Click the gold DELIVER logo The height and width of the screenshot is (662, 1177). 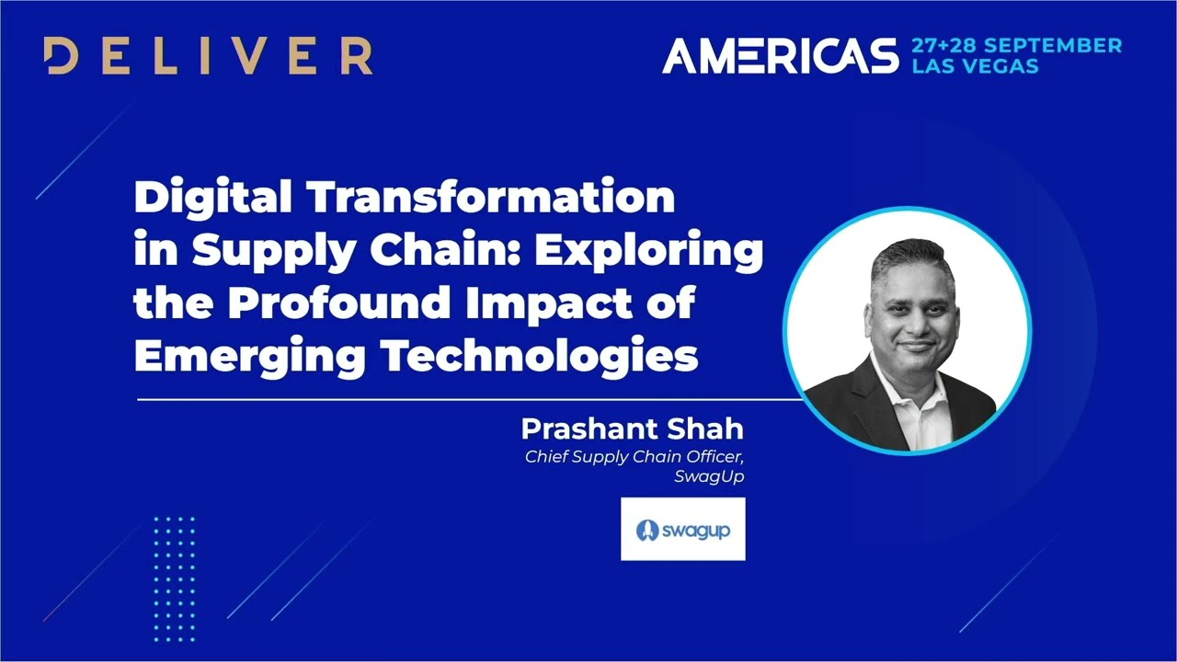pos(208,57)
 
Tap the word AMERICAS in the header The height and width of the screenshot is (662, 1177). pos(780,57)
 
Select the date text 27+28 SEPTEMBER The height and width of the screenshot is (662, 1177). pos(1016,46)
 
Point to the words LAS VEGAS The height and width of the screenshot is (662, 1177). pos(975,67)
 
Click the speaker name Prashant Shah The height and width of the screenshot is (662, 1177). pos(632,429)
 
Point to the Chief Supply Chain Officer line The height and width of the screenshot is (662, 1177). pos(634,456)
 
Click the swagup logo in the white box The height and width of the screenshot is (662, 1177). pos(682,530)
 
